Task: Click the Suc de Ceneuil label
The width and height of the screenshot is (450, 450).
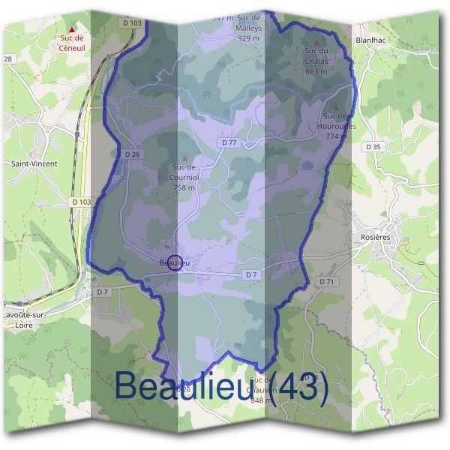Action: [x=72, y=40]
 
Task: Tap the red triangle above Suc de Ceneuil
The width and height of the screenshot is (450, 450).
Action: [x=72, y=29]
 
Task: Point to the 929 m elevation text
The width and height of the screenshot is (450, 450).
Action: [x=248, y=37]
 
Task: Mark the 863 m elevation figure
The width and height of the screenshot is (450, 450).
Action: [x=316, y=71]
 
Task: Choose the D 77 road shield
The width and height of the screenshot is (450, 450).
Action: [x=229, y=142]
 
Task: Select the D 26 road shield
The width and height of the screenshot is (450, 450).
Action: [x=133, y=154]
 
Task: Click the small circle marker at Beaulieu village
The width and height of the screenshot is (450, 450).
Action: [x=174, y=262]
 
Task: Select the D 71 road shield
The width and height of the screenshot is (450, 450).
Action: [x=325, y=281]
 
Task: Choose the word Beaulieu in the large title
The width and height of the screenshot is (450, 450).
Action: [x=188, y=385]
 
